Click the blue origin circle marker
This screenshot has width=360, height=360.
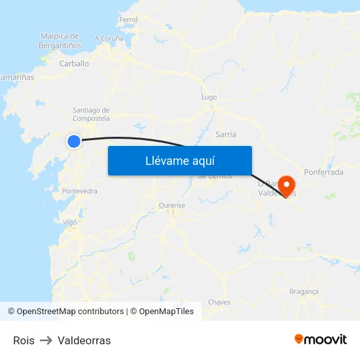(x=74, y=141)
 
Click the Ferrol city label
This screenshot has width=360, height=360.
(x=128, y=20)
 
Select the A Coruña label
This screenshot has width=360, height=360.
(x=109, y=39)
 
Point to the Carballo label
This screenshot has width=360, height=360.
(x=74, y=63)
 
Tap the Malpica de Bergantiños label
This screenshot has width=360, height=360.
(x=60, y=41)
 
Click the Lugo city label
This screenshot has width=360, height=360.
(x=209, y=97)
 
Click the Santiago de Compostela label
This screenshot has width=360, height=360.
(x=91, y=114)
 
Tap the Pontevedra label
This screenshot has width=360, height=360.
(x=79, y=191)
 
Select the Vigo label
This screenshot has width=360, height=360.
(x=69, y=222)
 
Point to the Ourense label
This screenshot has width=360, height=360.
(x=172, y=205)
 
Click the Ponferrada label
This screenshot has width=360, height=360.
(x=323, y=172)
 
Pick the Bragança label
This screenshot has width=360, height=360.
(x=304, y=291)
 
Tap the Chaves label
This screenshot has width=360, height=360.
(x=219, y=302)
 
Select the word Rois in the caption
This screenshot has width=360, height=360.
(x=24, y=340)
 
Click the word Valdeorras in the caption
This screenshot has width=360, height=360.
(x=84, y=340)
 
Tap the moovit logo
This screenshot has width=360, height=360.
(x=320, y=339)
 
